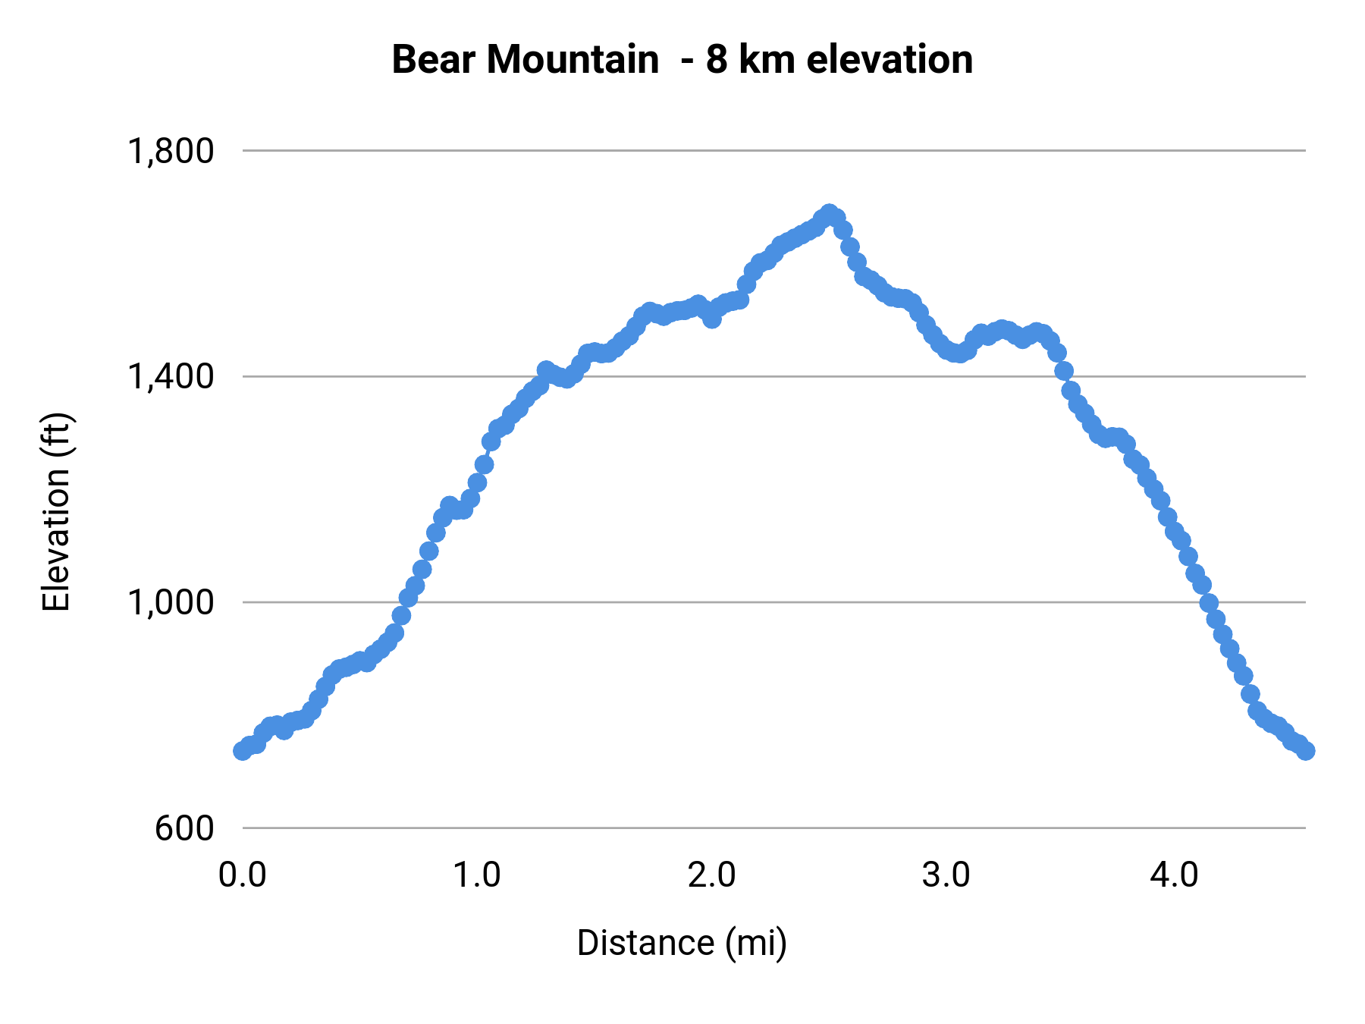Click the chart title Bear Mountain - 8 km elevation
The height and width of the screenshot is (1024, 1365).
click(x=682, y=60)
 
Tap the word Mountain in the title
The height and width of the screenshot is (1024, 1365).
click(x=573, y=60)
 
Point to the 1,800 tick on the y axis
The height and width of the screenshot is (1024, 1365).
click(x=171, y=152)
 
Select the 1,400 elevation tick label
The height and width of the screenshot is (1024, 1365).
click(x=171, y=376)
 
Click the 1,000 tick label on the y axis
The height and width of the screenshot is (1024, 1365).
click(x=171, y=602)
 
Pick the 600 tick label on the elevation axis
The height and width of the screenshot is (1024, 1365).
click(x=184, y=828)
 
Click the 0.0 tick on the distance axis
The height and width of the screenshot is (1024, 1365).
click(x=243, y=875)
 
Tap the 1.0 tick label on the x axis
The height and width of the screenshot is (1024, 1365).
click(x=477, y=875)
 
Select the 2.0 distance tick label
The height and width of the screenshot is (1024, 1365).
click(x=712, y=875)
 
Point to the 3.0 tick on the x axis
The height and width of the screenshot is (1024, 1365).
click(x=946, y=875)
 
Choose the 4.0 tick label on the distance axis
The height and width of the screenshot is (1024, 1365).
click(x=1174, y=875)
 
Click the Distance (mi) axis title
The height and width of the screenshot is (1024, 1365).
click(x=682, y=943)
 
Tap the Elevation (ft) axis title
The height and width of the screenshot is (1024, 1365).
click(x=56, y=512)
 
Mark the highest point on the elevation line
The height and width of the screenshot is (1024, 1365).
click(x=829, y=214)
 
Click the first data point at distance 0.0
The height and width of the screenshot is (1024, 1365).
click(x=243, y=750)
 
